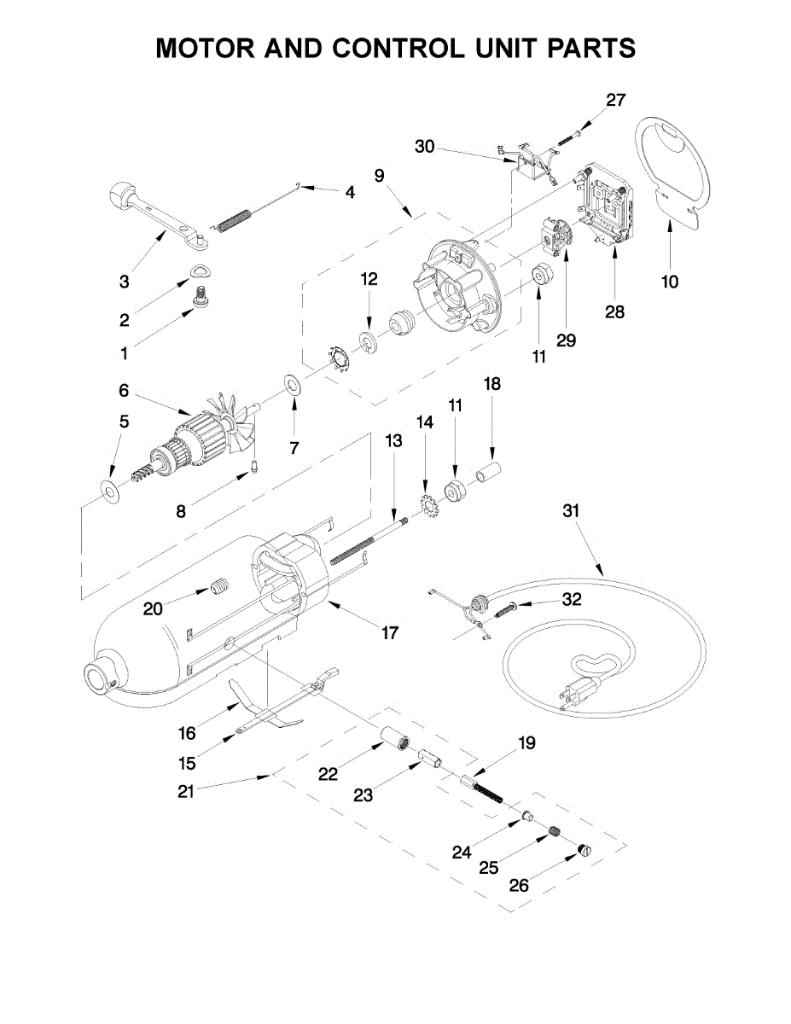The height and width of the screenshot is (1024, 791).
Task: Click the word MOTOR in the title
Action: tap(205, 48)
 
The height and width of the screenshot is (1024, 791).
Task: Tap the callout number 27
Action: tap(615, 100)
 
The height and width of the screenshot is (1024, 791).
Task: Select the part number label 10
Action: tap(670, 282)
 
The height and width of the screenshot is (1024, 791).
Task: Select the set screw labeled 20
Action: tap(218, 587)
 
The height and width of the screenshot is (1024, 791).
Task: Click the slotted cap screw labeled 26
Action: tap(585, 850)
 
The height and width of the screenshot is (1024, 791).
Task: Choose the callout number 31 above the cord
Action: tap(571, 511)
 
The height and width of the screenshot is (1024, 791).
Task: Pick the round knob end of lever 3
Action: tap(121, 193)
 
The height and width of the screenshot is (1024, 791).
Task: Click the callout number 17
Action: tap(390, 633)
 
